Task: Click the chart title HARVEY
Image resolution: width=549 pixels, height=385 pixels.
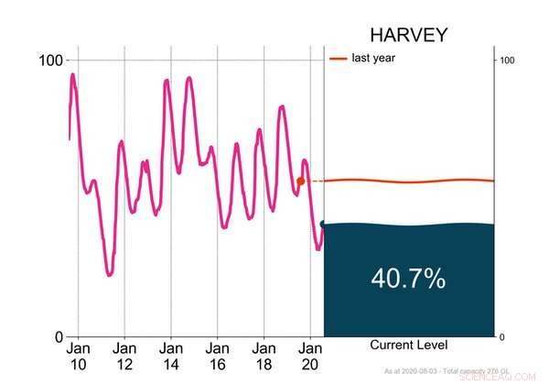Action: [408, 36]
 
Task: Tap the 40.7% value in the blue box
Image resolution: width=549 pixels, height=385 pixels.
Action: [408, 279]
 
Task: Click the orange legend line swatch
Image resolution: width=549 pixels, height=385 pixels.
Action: [339, 59]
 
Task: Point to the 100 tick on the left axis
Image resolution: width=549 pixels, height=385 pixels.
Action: [49, 60]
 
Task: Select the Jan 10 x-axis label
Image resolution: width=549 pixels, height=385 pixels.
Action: [78, 357]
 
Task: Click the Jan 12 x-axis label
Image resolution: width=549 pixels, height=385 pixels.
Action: [124, 357]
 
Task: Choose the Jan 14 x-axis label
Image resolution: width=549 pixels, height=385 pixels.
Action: [171, 357]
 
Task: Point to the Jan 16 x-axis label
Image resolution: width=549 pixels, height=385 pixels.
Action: [218, 357]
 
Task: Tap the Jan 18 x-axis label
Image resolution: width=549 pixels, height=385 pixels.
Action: [264, 357]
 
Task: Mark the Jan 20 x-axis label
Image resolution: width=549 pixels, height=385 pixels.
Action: [310, 357]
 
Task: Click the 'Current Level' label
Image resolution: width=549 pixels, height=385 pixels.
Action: [408, 345]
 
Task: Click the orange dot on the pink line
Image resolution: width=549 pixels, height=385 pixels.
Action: [301, 181]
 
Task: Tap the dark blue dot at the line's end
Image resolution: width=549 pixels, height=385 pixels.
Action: [324, 224]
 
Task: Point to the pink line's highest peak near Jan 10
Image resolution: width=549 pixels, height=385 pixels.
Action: [73, 75]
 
